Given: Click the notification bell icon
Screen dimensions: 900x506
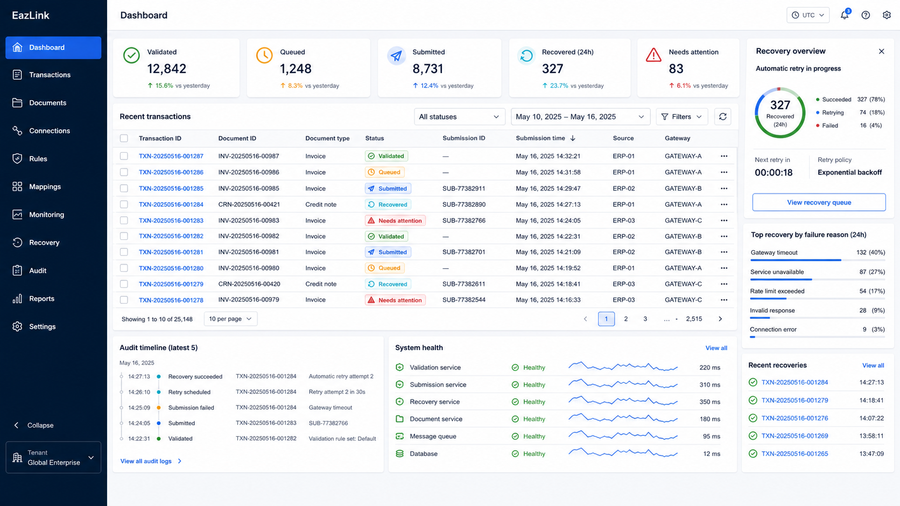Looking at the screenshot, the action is click(845, 15).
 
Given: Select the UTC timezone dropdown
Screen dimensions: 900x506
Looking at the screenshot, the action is click(807, 15).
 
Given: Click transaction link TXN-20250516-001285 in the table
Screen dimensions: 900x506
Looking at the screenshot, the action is click(171, 188).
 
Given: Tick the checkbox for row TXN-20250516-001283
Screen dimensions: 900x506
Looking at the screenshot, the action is click(124, 220).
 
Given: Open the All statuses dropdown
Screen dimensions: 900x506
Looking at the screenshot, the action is click(459, 117).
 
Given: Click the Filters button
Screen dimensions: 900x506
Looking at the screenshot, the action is click(682, 117).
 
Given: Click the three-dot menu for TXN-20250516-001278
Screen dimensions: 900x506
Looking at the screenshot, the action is click(724, 300).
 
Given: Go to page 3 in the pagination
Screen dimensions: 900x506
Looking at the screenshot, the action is click(645, 319).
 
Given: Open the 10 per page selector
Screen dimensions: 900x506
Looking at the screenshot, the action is click(230, 319).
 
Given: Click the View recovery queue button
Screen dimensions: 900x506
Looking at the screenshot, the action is click(819, 202).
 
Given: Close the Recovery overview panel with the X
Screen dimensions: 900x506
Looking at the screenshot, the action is click(882, 52).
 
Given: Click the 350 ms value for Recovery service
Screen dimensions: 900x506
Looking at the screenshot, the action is click(709, 402).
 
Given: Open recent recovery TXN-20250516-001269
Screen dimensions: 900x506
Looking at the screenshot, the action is click(794, 436).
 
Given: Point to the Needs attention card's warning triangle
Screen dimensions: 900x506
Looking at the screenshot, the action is click(653, 55).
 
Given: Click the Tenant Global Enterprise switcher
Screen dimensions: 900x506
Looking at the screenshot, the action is click(53, 458).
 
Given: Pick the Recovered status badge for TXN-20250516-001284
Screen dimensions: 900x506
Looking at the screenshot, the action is click(388, 205).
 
